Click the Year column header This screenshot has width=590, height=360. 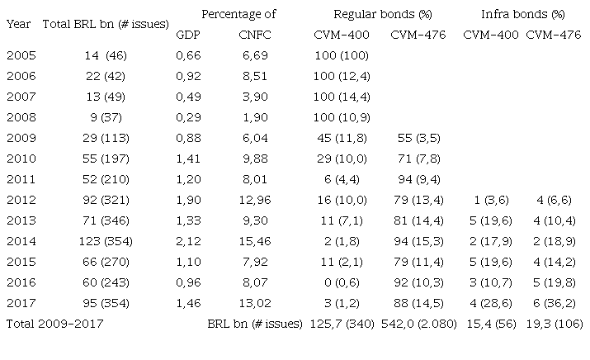pyautogui.click(x=19, y=24)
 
